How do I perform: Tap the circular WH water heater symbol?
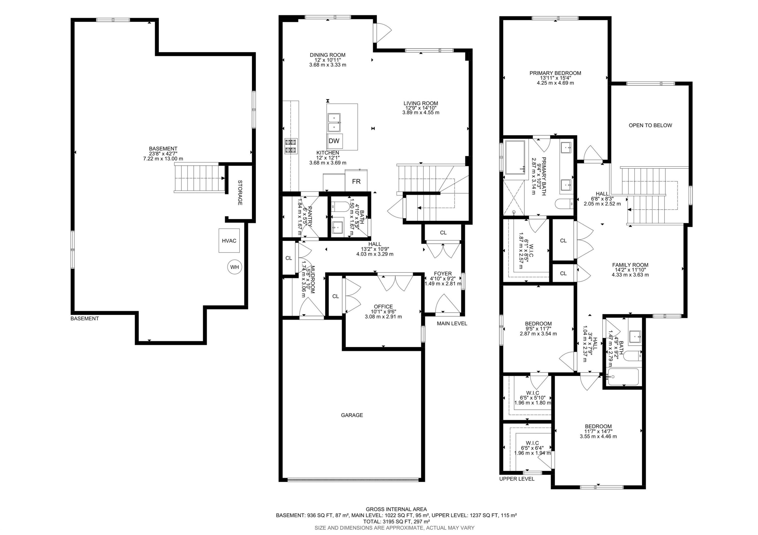[234, 267]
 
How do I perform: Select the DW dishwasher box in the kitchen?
[335, 141]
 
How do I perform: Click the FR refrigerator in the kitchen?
[356, 181]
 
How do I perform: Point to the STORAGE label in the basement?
[240, 192]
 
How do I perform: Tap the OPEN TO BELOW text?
[650, 125]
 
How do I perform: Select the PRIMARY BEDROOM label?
[555, 73]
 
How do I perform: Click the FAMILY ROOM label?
[630, 265]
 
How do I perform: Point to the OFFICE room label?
[383, 307]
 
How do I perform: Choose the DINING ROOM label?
[327, 55]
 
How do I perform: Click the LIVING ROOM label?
[421, 103]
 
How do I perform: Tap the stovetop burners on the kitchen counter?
[291, 146]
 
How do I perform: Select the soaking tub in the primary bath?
[515, 157]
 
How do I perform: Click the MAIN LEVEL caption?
[452, 324]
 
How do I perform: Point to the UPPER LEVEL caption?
[517, 479]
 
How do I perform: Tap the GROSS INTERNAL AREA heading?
[396, 509]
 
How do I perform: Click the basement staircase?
[200, 178]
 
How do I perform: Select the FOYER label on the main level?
[443, 274]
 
